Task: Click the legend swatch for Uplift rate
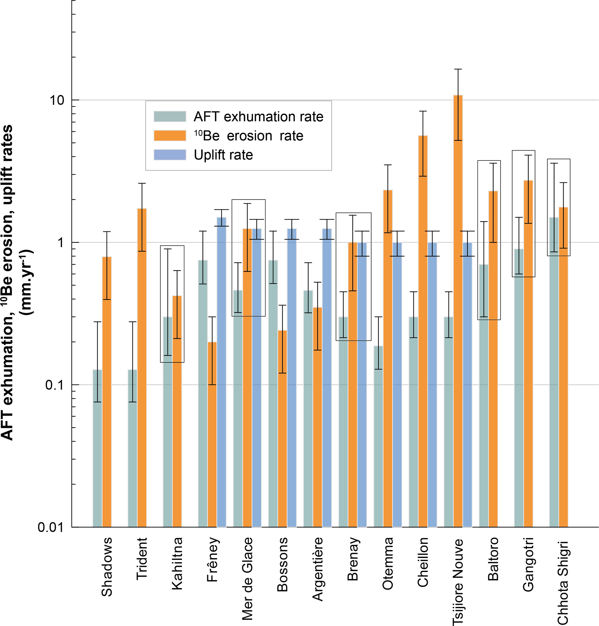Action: pyautogui.click(x=170, y=155)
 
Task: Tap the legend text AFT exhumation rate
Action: pyautogui.click(x=258, y=117)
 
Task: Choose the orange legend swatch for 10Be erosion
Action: pyautogui.click(x=170, y=136)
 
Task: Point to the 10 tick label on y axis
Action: pyautogui.click(x=57, y=101)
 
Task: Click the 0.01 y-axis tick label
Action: pyautogui.click(x=50, y=527)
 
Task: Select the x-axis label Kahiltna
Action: pyautogui.click(x=177, y=563)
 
